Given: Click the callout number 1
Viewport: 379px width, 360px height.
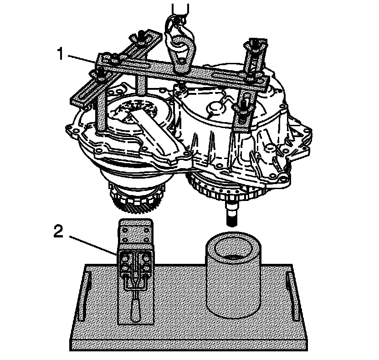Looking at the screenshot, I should [59, 54].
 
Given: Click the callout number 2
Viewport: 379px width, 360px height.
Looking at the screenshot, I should [58, 231].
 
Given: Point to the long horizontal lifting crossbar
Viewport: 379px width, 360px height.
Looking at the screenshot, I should [182, 73].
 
